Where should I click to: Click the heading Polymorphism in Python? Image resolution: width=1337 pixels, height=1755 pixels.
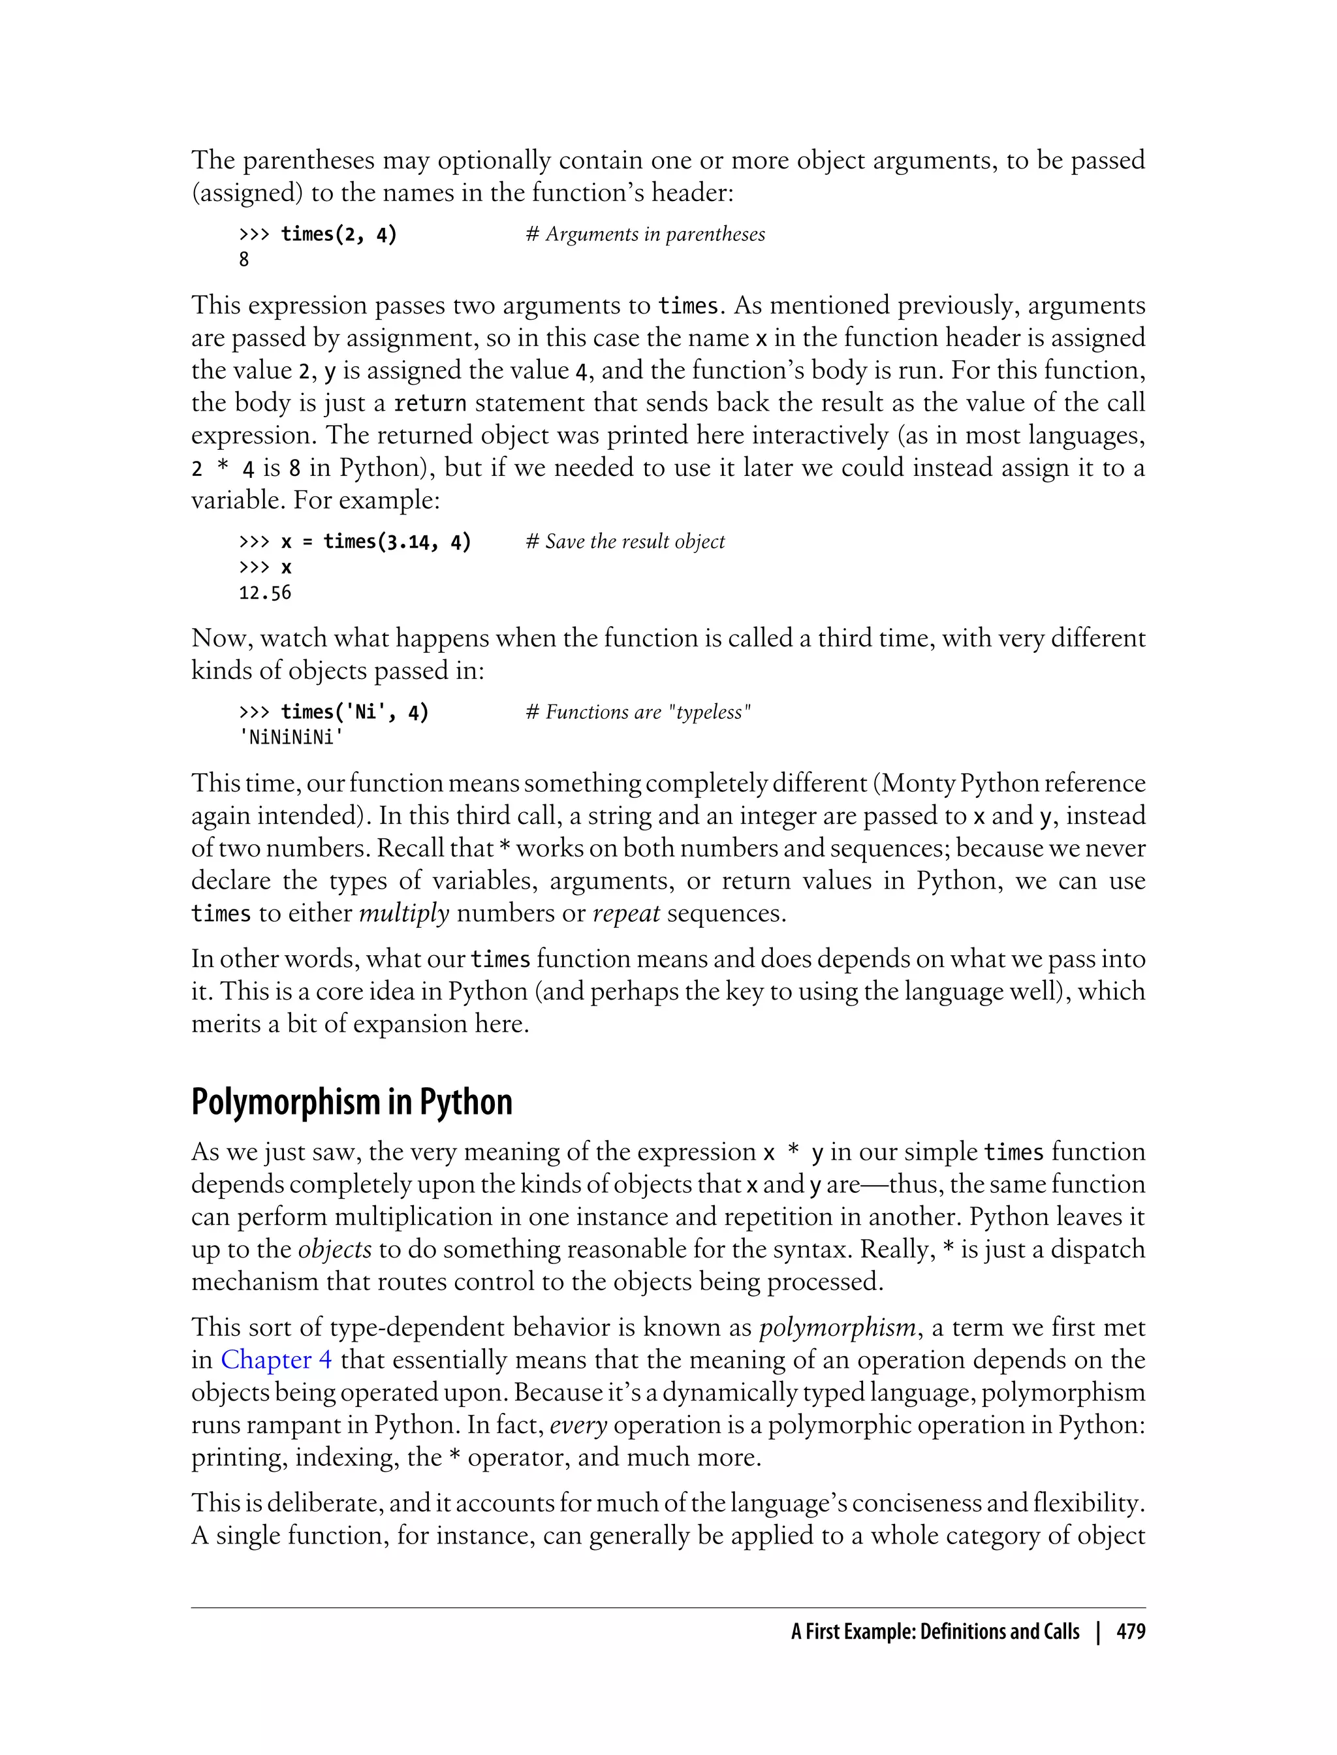351,1102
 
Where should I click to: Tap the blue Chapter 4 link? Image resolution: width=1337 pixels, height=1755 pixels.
275,1359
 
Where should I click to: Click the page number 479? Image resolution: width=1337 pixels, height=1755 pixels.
1130,1632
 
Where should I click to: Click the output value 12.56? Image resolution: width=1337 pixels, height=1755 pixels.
265,593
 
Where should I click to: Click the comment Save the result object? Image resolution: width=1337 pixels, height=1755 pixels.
625,541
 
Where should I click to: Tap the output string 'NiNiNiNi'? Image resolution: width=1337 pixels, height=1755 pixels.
291,737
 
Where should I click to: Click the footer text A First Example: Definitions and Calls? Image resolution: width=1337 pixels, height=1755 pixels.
934,1632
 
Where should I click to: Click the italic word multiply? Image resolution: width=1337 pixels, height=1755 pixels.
403,913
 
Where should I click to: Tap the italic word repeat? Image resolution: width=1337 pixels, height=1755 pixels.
625,913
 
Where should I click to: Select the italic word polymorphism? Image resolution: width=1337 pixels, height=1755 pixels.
837,1327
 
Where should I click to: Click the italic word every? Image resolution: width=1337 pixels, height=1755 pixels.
578,1425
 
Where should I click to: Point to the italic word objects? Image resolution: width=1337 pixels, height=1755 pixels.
334,1249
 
